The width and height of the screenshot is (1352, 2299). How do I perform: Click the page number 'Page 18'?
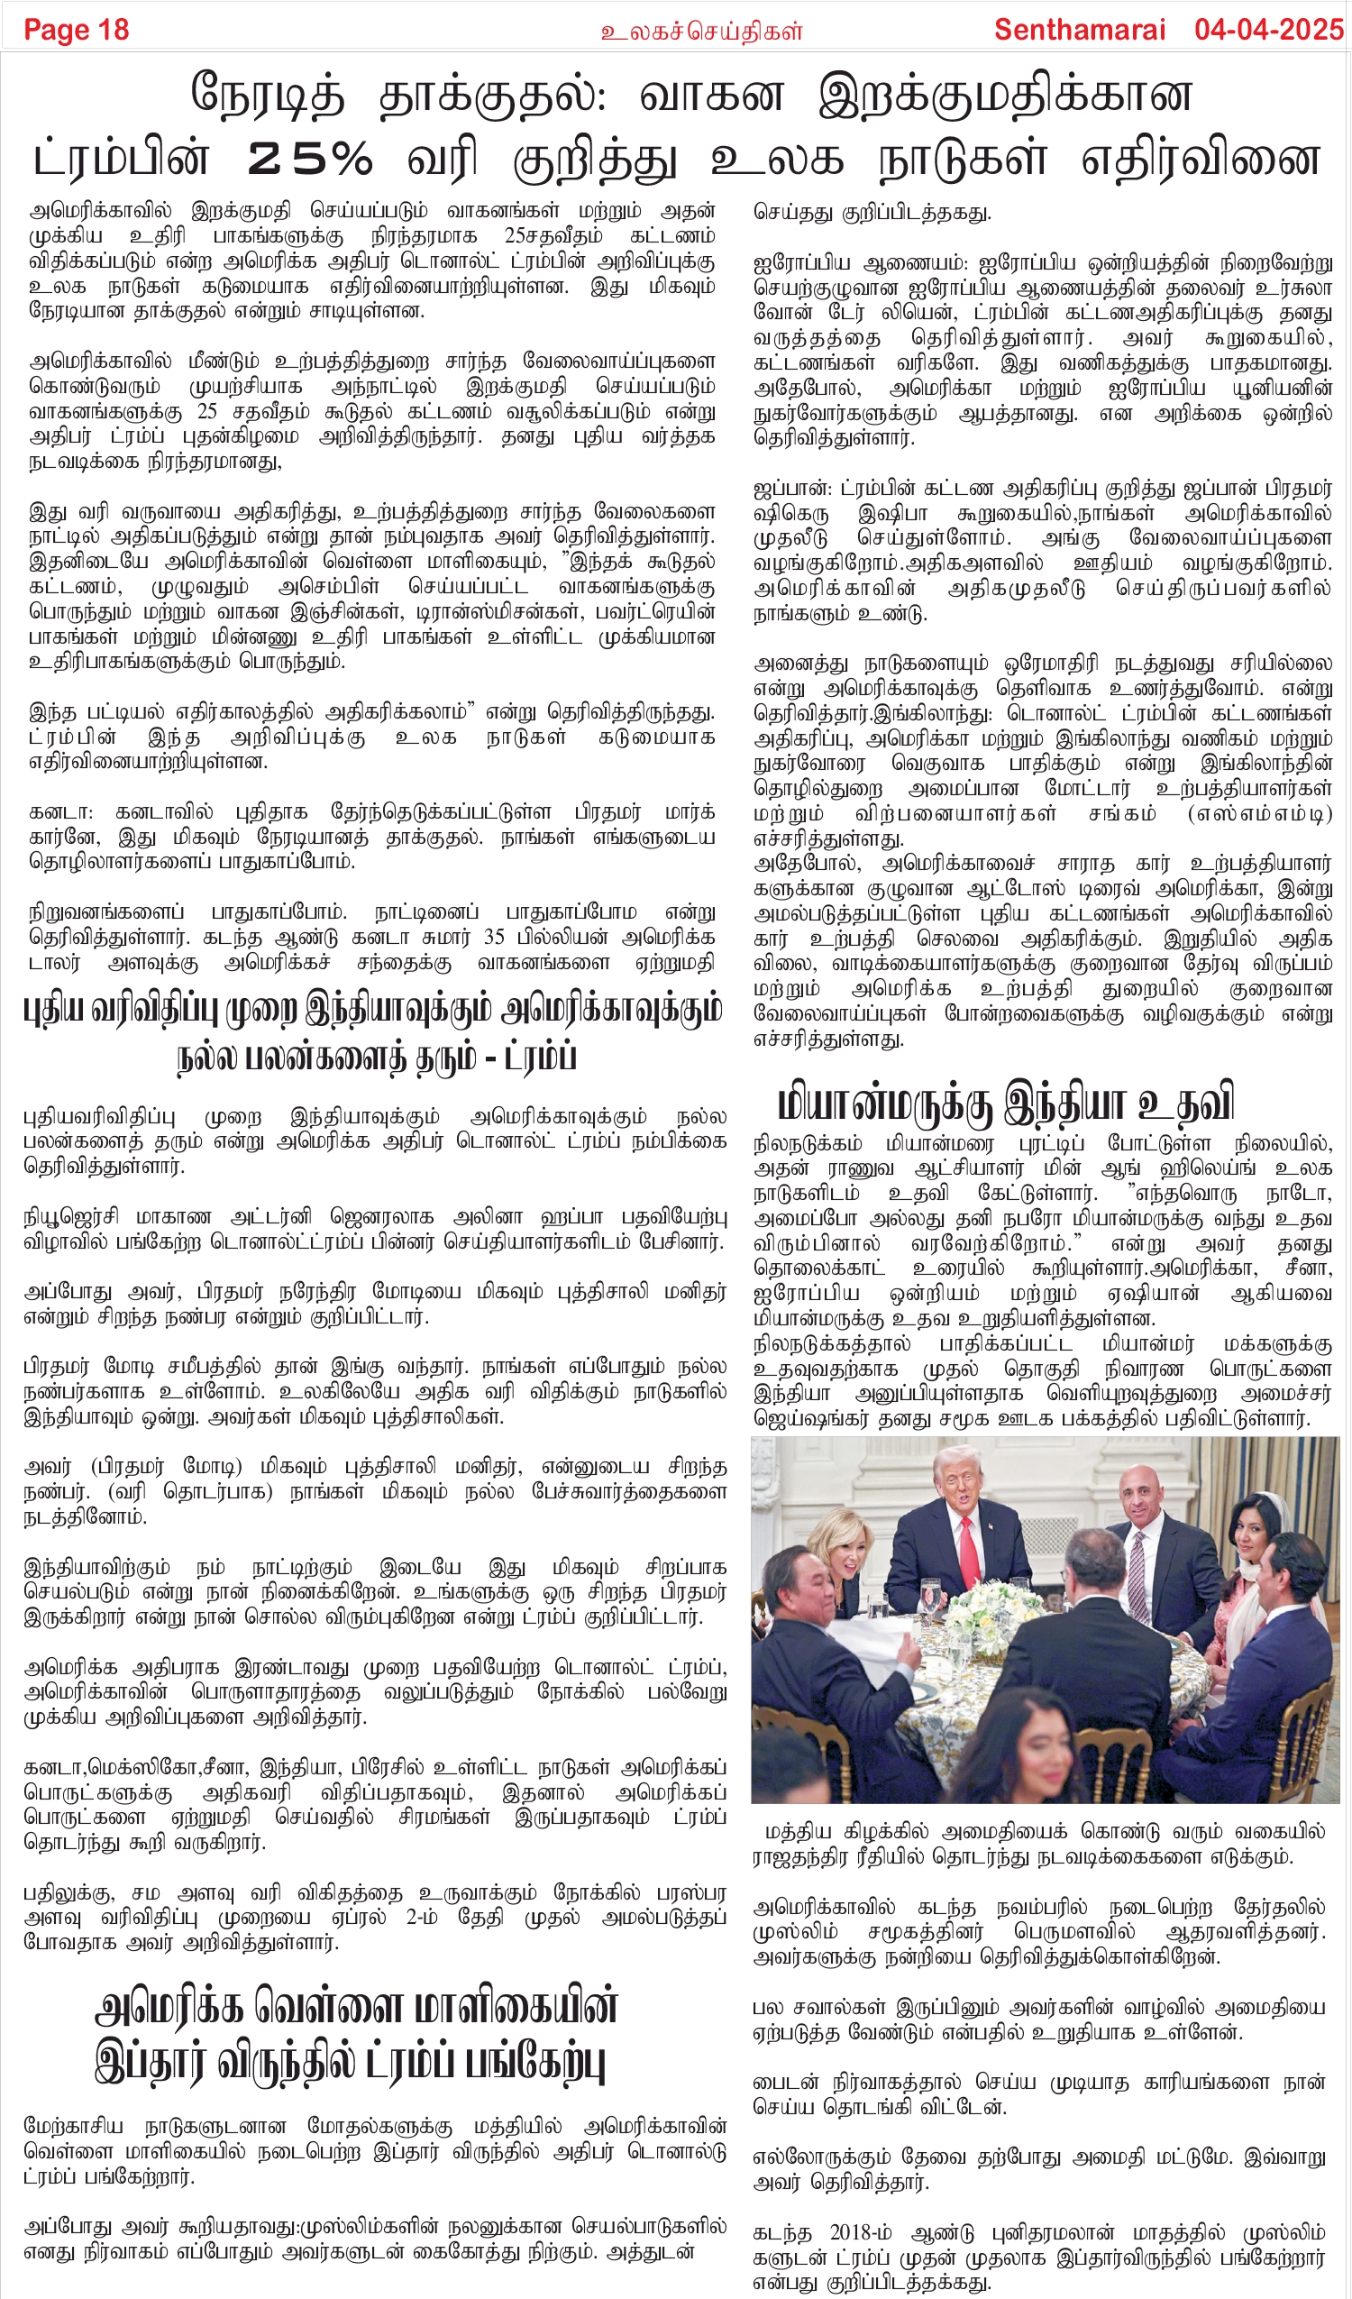pos(76,30)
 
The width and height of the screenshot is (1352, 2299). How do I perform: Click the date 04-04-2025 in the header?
pos(1268,30)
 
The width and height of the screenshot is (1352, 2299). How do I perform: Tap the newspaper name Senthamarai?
pos(1079,30)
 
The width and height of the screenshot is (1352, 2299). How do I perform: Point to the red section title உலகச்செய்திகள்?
pos(700,32)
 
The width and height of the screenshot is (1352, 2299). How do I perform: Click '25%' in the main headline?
pos(310,160)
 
